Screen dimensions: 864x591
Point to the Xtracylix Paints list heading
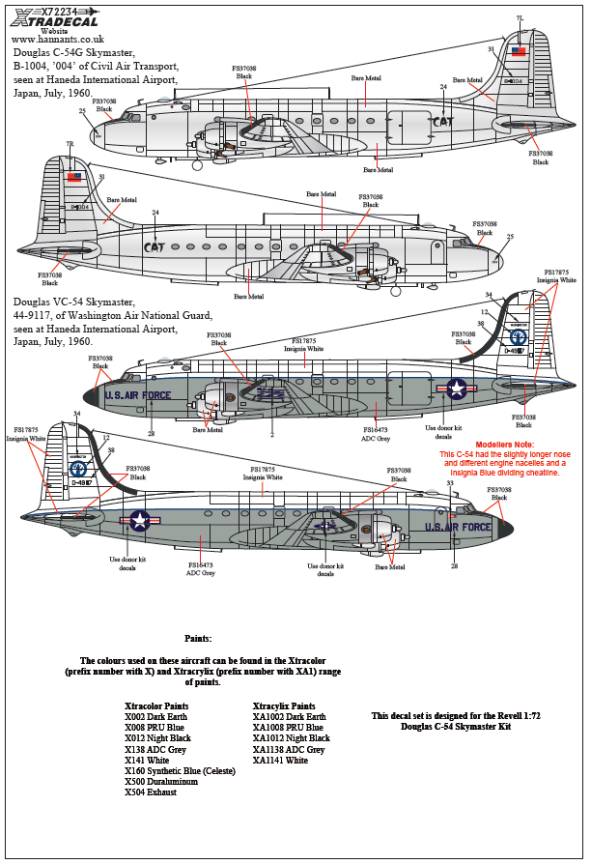click(x=284, y=706)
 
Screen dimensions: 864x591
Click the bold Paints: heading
click(x=198, y=639)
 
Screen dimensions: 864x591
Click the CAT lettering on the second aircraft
click(x=154, y=247)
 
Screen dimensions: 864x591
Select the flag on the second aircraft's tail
click(x=74, y=177)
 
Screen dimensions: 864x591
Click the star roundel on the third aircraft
click(x=456, y=389)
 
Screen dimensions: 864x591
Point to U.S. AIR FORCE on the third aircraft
click(x=137, y=394)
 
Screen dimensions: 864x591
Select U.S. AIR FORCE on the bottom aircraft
click(x=460, y=527)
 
